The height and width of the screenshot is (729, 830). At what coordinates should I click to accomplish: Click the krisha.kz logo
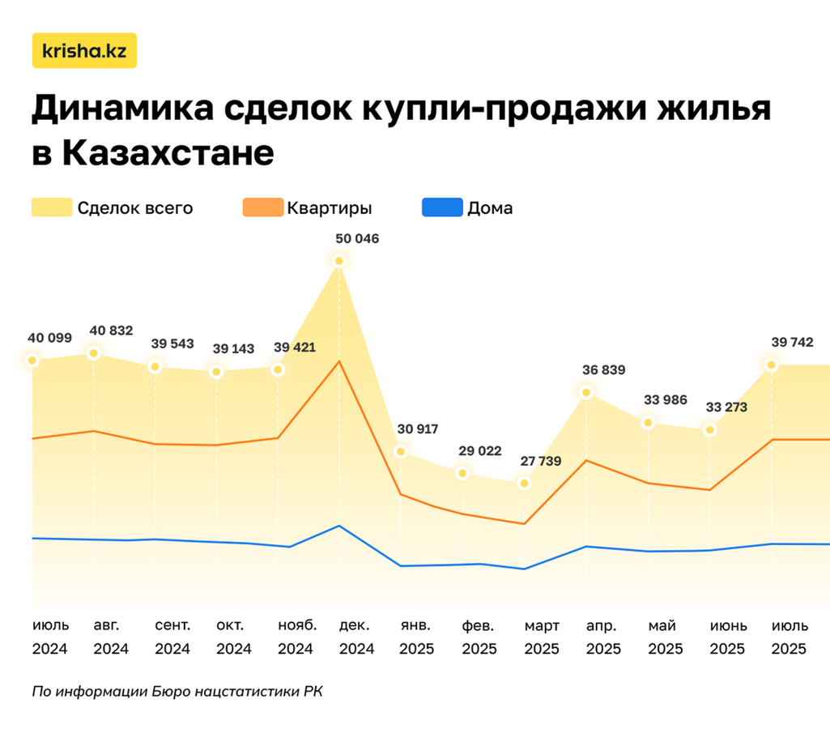pyautogui.click(x=84, y=51)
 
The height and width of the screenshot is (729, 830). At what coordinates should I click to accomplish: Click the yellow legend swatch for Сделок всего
pyautogui.click(x=51, y=207)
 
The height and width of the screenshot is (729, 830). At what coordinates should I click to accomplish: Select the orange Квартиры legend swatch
pyautogui.click(x=262, y=207)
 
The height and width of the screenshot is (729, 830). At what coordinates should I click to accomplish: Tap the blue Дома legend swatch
pyautogui.click(x=442, y=207)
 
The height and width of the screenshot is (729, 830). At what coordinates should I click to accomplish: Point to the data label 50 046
pyautogui.click(x=356, y=239)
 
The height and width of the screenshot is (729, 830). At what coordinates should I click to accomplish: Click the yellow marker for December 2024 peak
pyautogui.click(x=339, y=261)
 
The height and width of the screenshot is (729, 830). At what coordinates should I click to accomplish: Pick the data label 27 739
pyautogui.click(x=541, y=461)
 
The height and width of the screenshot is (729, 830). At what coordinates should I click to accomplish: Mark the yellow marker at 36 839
pyautogui.click(x=585, y=393)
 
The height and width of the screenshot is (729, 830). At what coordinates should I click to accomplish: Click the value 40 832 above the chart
pyautogui.click(x=110, y=330)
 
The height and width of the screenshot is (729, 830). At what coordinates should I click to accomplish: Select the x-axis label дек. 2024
pyautogui.click(x=356, y=637)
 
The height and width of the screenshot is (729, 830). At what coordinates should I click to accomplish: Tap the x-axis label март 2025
pyautogui.click(x=541, y=637)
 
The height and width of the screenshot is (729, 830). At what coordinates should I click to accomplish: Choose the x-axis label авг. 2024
pyautogui.click(x=110, y=637)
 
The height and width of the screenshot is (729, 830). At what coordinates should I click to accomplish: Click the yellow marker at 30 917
pyautogui.click(x=401, y=451)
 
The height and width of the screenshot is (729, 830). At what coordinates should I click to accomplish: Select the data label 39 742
pyautogui.click(x=788, y=343)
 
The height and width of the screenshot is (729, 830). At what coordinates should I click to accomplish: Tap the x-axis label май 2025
pyautogui.click(x=665, y=637)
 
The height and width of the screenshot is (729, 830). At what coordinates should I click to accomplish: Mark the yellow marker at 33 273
pyautogui.click(x=709, y=429)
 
